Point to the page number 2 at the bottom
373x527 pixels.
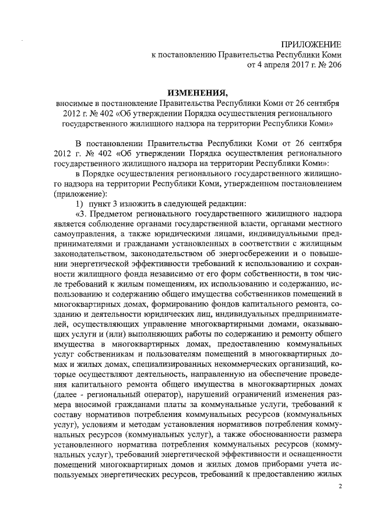340,494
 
